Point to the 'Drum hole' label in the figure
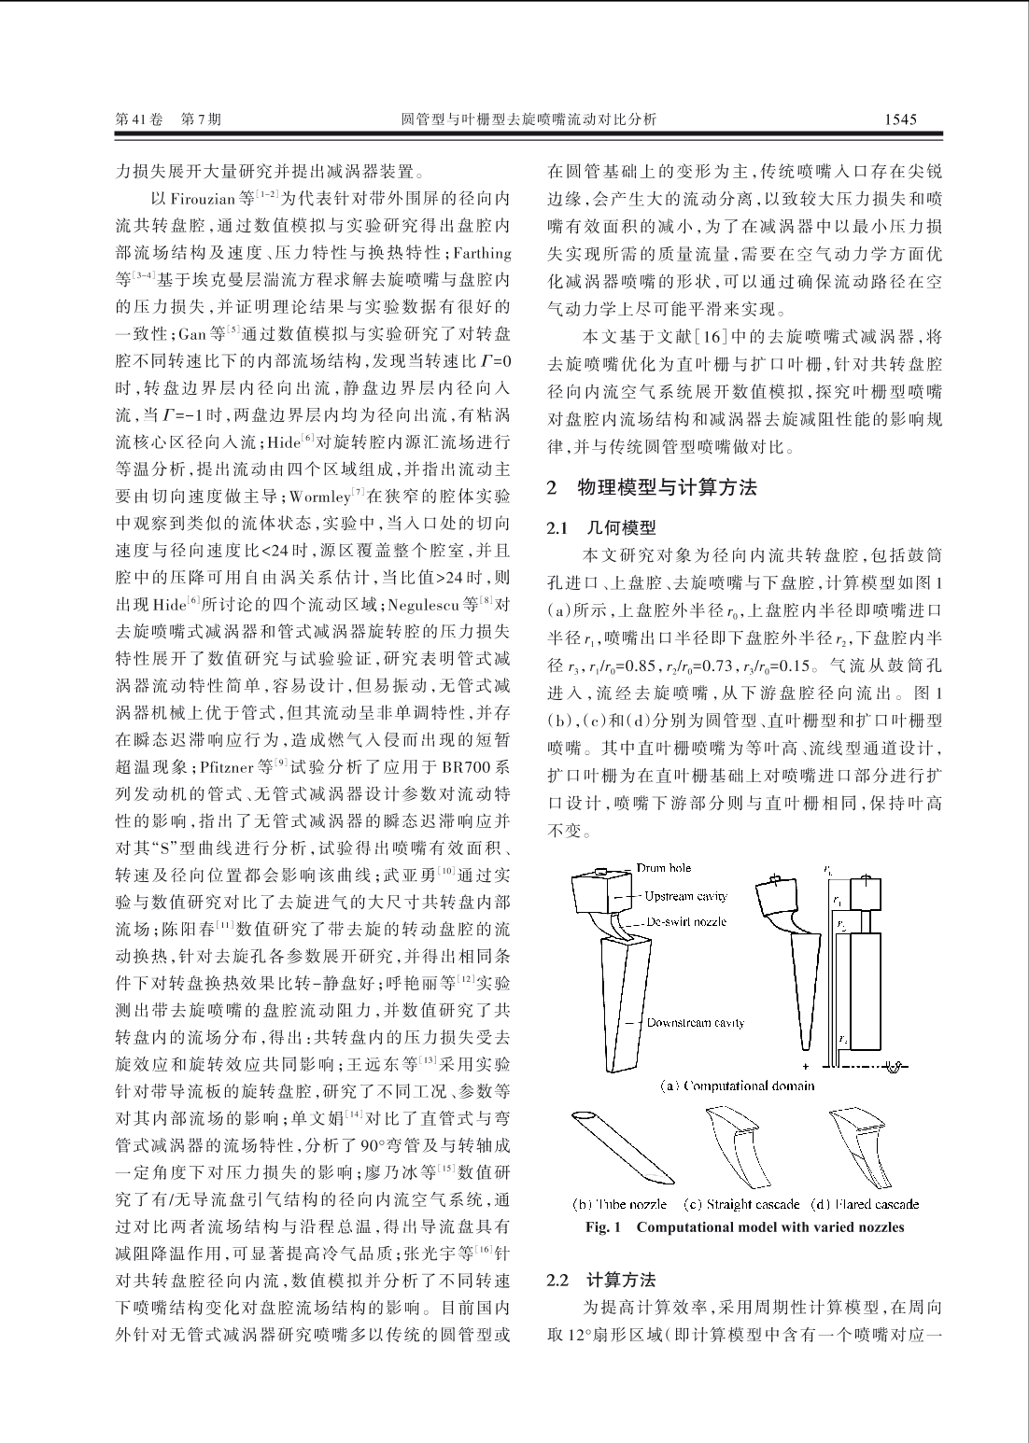(664, 868)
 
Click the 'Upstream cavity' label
(685, 896)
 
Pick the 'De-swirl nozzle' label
(686, 921)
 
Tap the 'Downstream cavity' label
(696, 1022)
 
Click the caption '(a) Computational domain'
(737, 1086)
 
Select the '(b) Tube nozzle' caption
(619, 1204)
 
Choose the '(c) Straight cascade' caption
(741, 1204)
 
